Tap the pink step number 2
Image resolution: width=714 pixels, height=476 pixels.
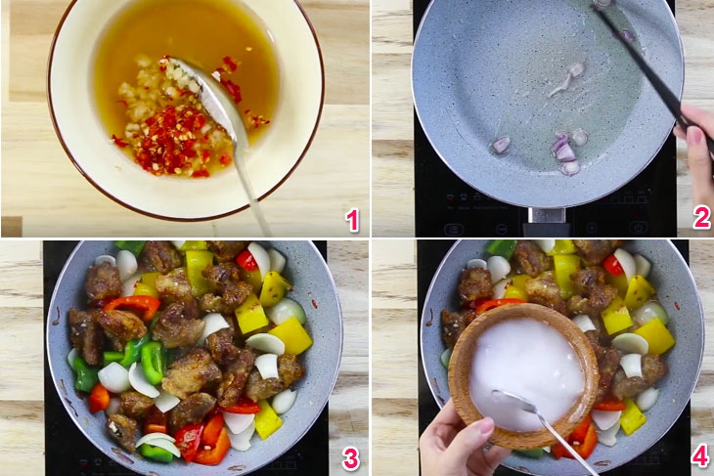tap(700, 218)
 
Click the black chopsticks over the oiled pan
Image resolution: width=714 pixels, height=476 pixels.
tap(641, 59)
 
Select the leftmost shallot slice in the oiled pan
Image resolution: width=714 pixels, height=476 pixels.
tap(500, 145)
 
